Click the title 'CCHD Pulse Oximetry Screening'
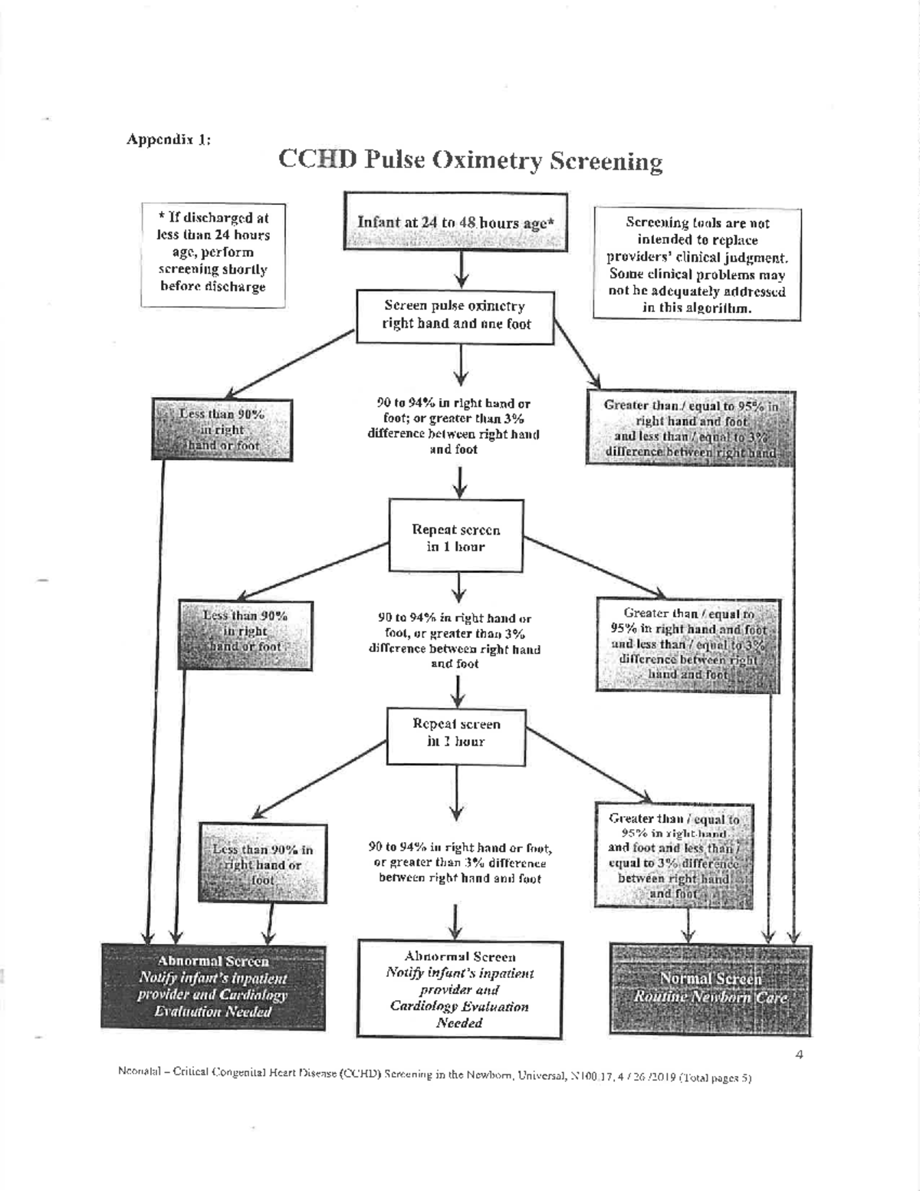pos(470,160)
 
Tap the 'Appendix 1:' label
pos(169,140)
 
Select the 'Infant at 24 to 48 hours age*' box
pos(455,222)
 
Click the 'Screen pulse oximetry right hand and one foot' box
pos(455,315)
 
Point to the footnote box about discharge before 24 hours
pos(213,254)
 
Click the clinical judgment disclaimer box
pos(697,265)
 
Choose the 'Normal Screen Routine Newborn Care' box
pos(710,989)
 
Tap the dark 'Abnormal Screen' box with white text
pos(213,987)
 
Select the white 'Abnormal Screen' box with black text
pos(459,989)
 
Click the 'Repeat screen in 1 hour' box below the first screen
pos(456,538)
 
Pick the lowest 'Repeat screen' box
pos(456,734)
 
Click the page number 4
pos(799,1054)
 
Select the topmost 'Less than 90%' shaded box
pos(222,429)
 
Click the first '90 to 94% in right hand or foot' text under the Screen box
pos(453,426)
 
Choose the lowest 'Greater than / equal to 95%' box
pos(673,856)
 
